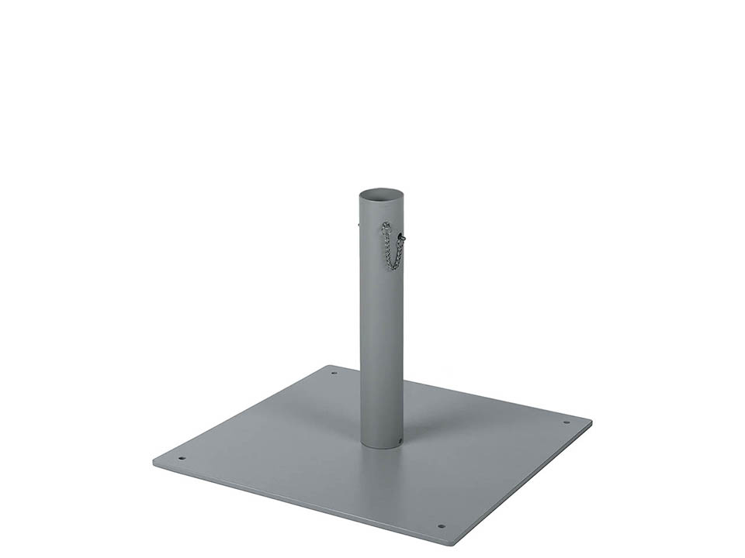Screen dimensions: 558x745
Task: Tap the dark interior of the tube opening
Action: tap(381, 195)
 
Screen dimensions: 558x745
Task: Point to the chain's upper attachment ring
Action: tap(386, 226)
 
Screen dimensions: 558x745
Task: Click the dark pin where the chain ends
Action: tap(402, 236)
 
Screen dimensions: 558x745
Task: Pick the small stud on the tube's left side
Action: tap(359, 226)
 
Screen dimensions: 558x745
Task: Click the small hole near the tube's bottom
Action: tap(399, 443)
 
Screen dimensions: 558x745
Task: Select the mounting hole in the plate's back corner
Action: tap(334, 373)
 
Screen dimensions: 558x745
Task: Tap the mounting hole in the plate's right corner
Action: tap(566, 422)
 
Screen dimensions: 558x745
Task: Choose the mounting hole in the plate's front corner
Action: tap(441, 526)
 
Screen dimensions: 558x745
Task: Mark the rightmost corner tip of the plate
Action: tap(591, 422)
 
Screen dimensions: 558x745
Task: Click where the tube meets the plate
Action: tap(381, 446)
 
